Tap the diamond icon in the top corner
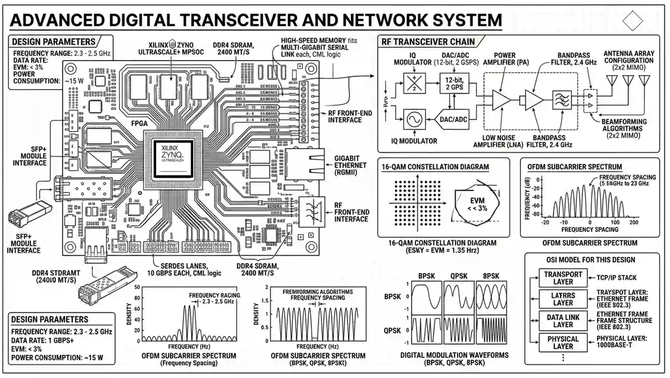(632, 22)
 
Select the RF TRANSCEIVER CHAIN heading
(428, 42)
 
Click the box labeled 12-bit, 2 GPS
(454, 82)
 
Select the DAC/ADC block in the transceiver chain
(453, 120)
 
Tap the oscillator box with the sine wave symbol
(414, 120)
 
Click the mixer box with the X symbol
(414, 82)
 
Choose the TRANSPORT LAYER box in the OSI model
(563, 278)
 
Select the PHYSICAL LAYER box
(563, 343)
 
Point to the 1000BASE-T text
(620, 346)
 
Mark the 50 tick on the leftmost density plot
(136, 287)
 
